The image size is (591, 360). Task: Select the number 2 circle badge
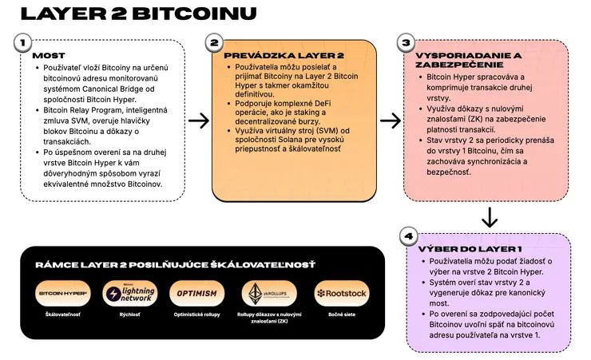(x=213, y=42)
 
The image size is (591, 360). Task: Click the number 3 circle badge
(x=406, y=42)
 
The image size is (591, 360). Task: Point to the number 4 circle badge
(x=409, y=236)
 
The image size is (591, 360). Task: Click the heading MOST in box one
(x=49, y=56)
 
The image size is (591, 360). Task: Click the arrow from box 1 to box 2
(x=199, y=121)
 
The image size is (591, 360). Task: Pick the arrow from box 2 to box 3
(x=391, y=121)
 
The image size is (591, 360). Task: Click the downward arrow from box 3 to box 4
(x=490, y=218)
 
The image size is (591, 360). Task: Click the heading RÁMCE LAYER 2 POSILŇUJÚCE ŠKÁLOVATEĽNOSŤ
(x=175, y=264)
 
